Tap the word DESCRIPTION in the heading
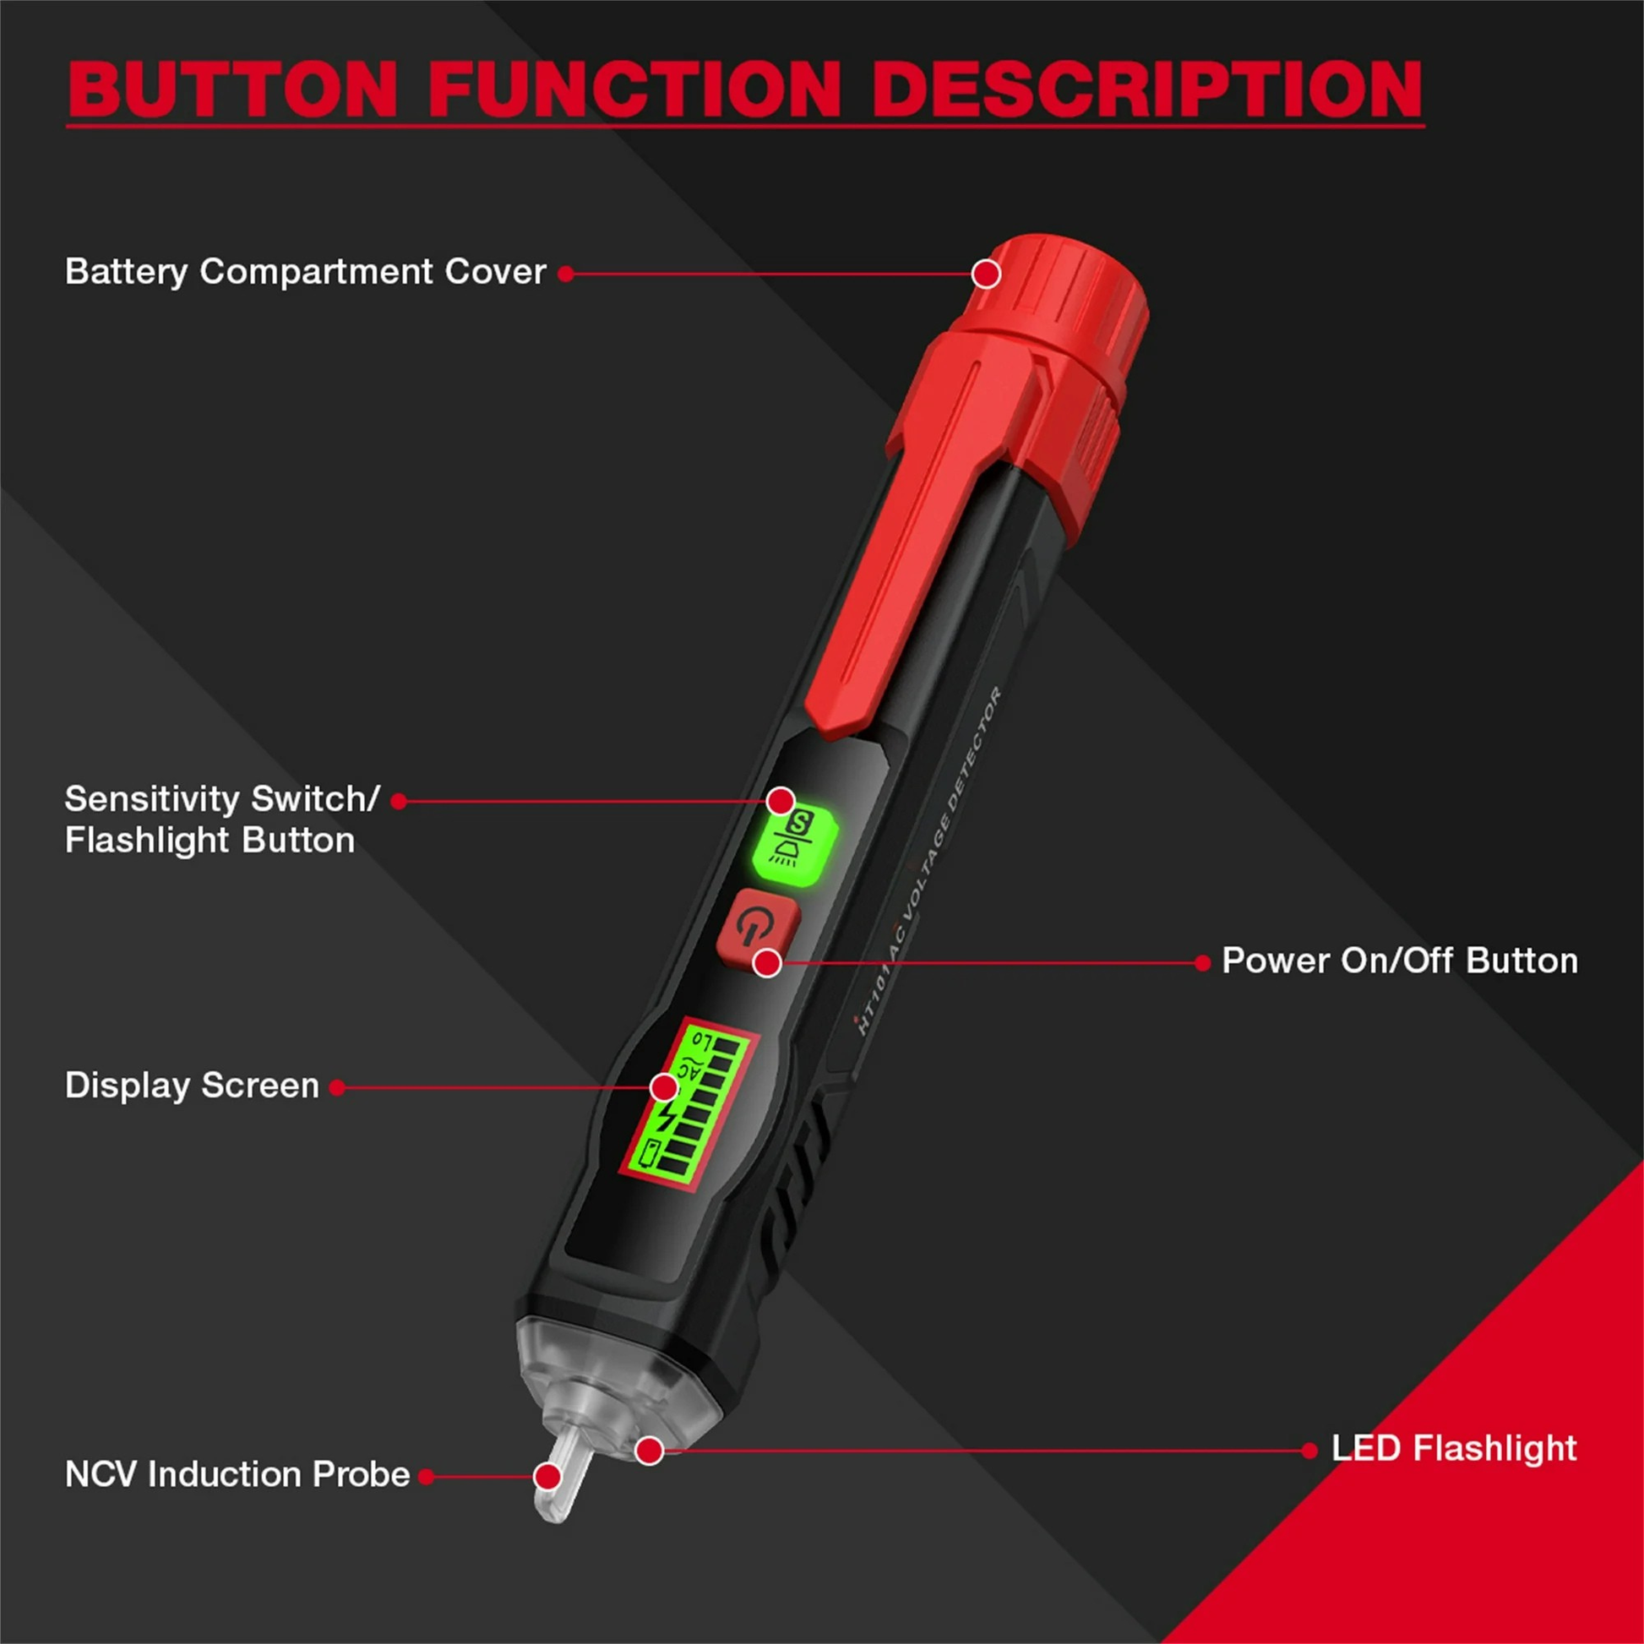click(x=1147, y=90)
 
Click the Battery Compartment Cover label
click(x=306, y=272)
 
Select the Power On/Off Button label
click(x=1400, y=961)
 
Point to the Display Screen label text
click(x=193, y=1086)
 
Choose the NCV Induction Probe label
click(x=237, y=1475)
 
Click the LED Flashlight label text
click(x=1454, y=1448)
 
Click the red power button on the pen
click(x=757, y=930)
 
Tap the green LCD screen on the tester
click(x=688, y=1103)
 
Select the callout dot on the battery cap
click(x=986, y=274)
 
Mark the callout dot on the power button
click(x=768, y=963)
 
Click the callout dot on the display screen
click(x=665, y=1087)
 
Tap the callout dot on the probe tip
click(x=548, y=1477)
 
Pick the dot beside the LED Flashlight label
click(x=1309, y=1451)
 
